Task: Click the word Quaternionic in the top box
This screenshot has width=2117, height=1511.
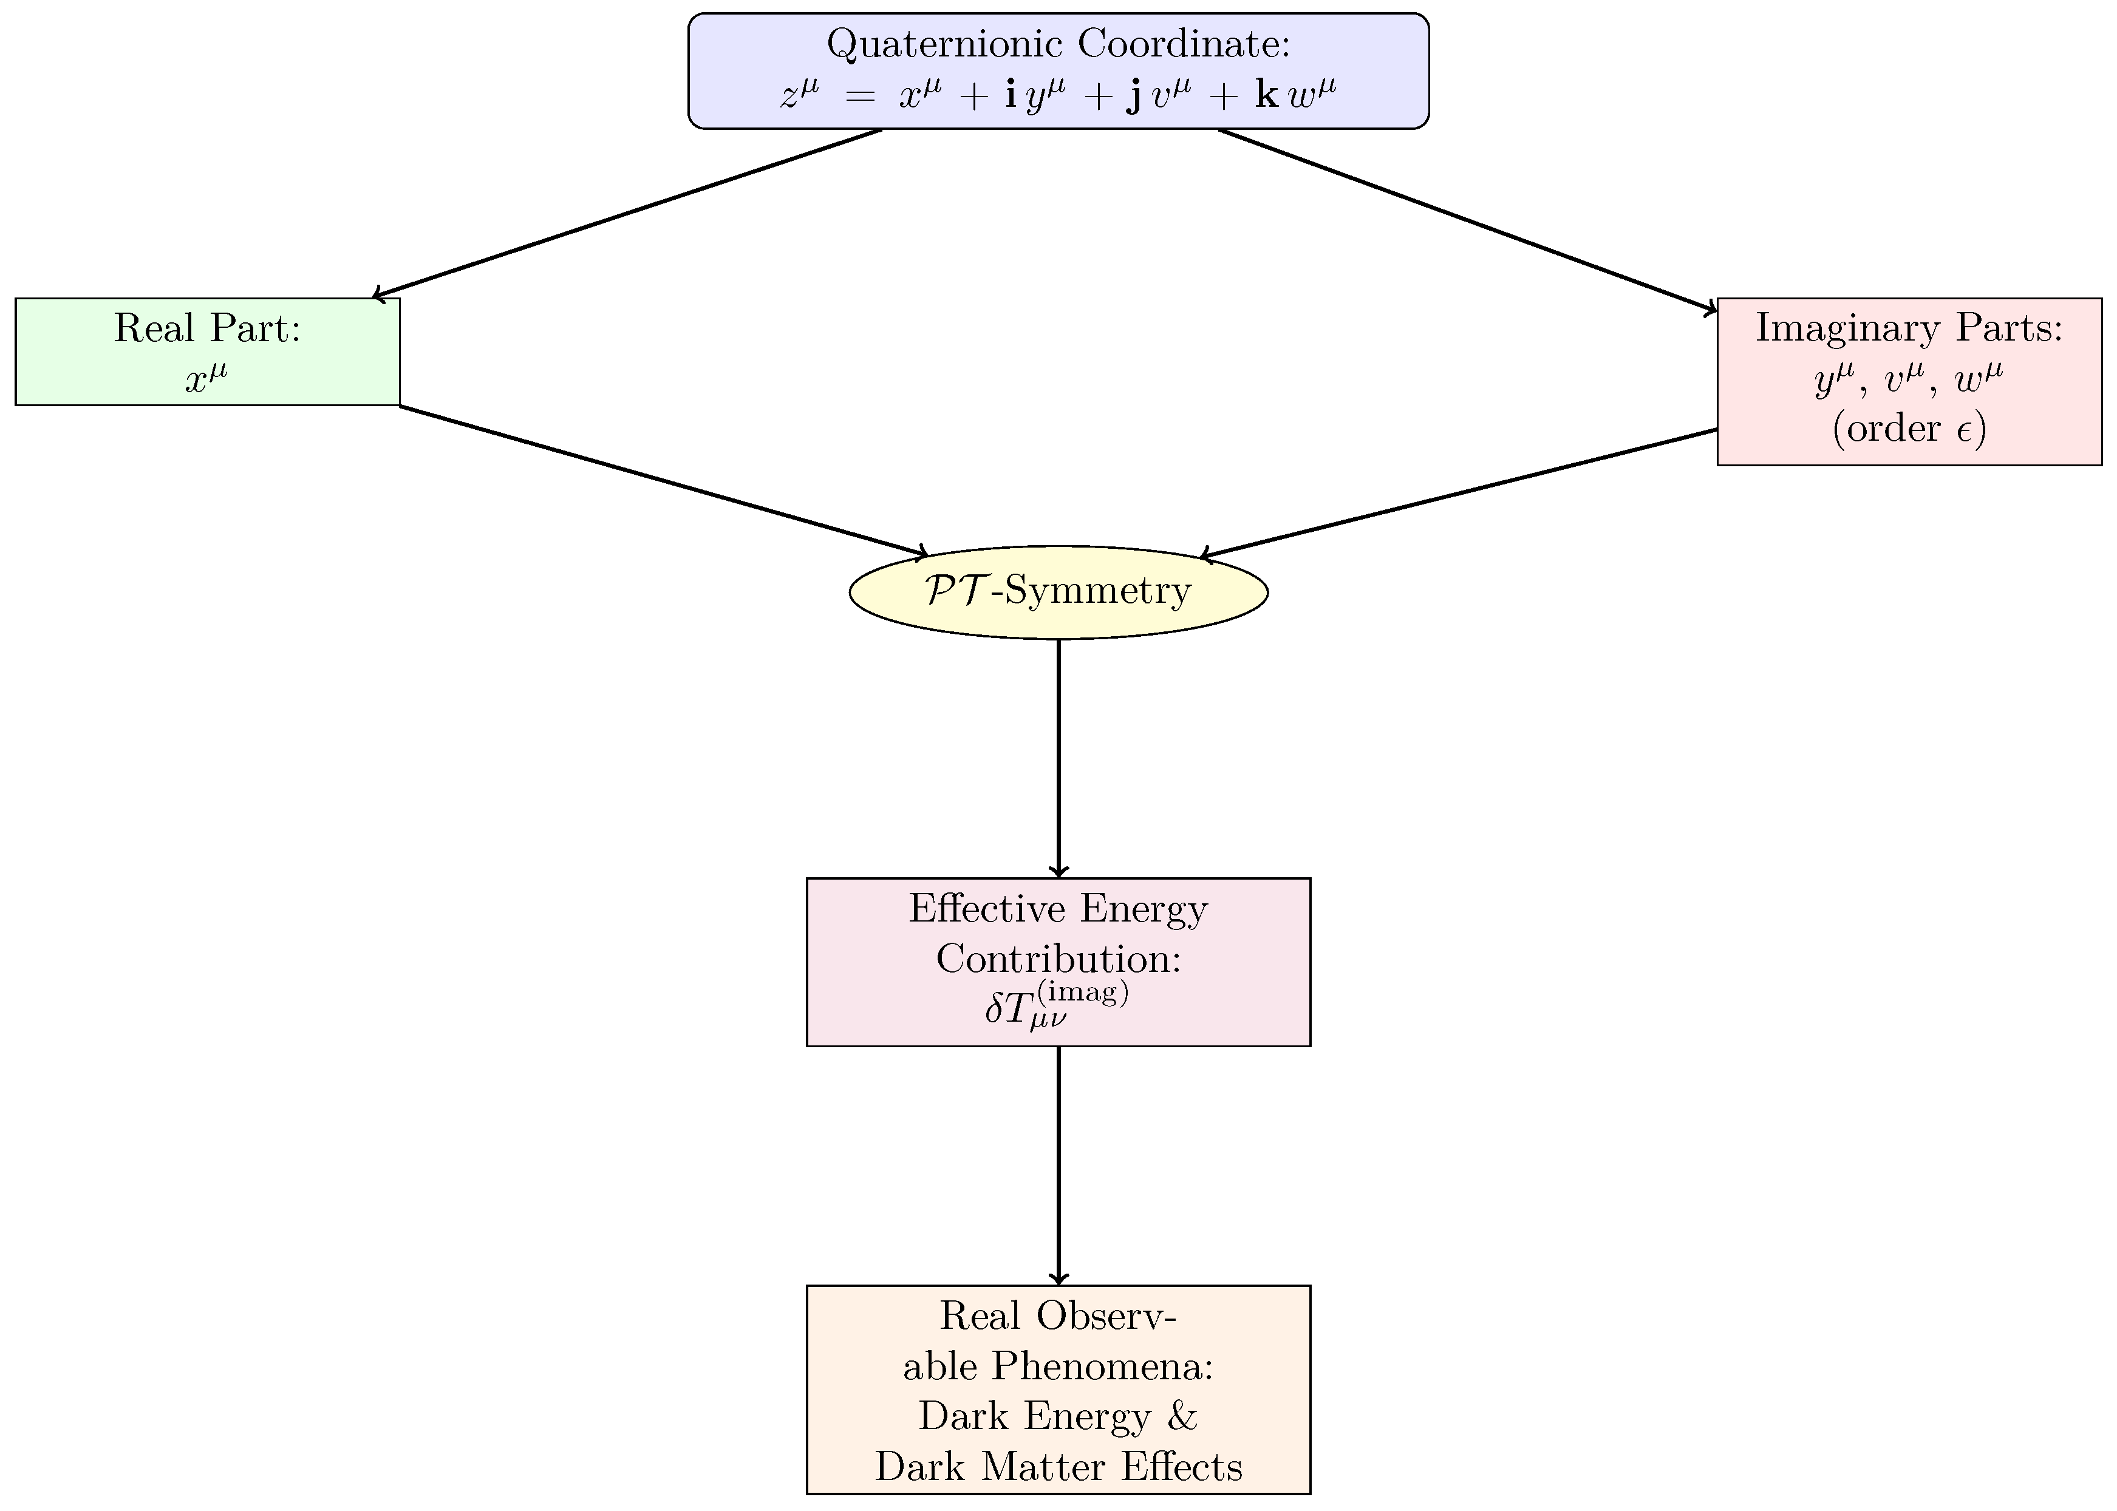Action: click(943, 44)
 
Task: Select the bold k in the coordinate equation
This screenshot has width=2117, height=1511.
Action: click(1266, 95)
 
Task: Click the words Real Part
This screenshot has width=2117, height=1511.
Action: click(206, 328)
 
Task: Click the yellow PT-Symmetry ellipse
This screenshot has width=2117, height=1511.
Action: click(1058, 592)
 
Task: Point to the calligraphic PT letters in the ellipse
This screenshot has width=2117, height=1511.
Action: click(954, 591)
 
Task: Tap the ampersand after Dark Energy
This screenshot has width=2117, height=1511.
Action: click(1182, 1416)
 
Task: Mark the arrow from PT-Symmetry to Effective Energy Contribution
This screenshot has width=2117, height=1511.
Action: click(1058, 758)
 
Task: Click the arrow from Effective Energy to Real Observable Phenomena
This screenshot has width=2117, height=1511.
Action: click(1058, 1166)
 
